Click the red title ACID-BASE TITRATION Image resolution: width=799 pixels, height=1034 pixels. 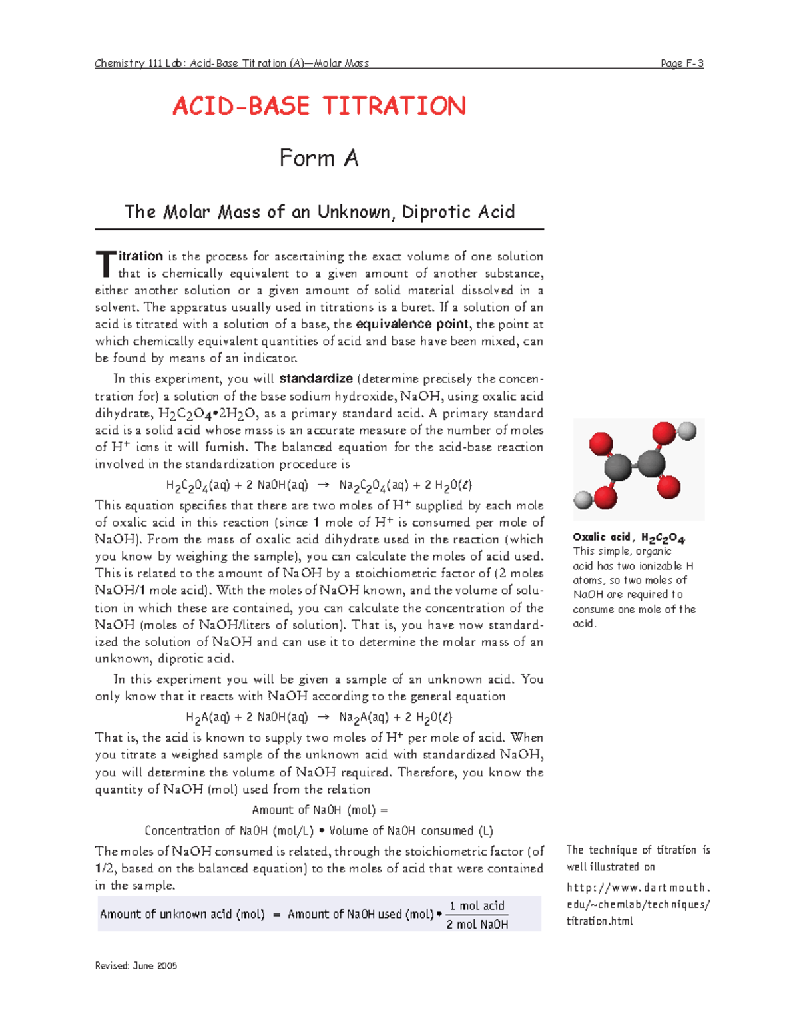coord(319,107)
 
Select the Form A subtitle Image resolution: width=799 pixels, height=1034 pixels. coord(319,158)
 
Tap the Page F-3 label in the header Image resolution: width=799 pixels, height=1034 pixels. coord(682,63)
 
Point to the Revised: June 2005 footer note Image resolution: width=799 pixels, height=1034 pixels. coord(136,965)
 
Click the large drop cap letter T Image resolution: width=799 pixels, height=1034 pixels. coord(105,264)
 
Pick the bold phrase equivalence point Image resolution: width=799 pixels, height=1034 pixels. coord(412,324)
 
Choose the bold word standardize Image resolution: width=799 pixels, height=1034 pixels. coord(316,379)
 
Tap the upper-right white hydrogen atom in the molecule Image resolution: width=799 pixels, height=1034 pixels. coord(686,431)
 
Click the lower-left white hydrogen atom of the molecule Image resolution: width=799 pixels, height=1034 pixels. coord(583,499)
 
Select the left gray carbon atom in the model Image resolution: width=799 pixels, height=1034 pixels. coord(619,467)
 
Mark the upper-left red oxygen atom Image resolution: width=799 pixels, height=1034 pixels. coord(601,443)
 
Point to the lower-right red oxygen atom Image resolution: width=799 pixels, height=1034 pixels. coord(668,487)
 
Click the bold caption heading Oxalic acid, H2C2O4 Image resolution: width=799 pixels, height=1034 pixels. coord(629,537)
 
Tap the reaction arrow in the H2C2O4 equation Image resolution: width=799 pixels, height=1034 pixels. coord(323,485)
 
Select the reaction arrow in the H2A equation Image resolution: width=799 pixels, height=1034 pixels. coord(323,717)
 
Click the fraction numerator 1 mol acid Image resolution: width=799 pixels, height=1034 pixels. coord(477,905)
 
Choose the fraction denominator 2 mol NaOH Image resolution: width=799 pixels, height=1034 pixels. coord(477,924)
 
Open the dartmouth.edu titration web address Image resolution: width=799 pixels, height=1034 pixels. coord(638,904)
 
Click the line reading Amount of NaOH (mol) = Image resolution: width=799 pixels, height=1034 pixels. coord(319,810)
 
